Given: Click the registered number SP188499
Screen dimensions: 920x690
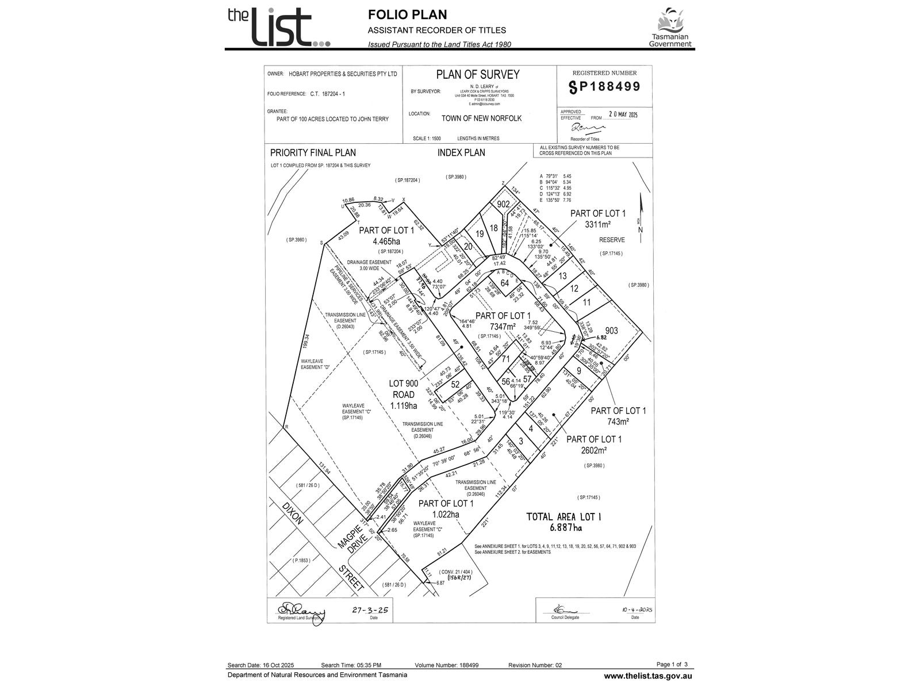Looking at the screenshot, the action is click(x=604, y=87).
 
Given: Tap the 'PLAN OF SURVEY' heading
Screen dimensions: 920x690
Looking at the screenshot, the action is click(x=477, y=75).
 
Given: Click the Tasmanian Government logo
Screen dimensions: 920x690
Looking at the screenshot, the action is click(x=670, y=28).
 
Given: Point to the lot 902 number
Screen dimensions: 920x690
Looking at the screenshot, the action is click(x=504, y=204).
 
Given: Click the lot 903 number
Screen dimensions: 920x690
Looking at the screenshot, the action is click(x=612, y=331).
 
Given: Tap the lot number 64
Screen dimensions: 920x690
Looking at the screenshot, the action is click(x=505, y=283).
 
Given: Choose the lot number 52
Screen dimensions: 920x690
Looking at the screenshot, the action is click(x=455, y=384).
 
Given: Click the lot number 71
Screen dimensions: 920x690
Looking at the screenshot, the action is click(x=505, y=359).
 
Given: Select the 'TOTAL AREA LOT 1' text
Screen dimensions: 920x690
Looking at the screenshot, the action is click(x=563, y=517).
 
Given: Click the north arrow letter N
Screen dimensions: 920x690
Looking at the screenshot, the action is click(x=641, y=231).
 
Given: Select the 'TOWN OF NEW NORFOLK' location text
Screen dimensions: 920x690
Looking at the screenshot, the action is click(x=481, y=118).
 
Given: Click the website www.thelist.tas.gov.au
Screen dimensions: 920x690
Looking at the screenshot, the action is click(x=647, y=676).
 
